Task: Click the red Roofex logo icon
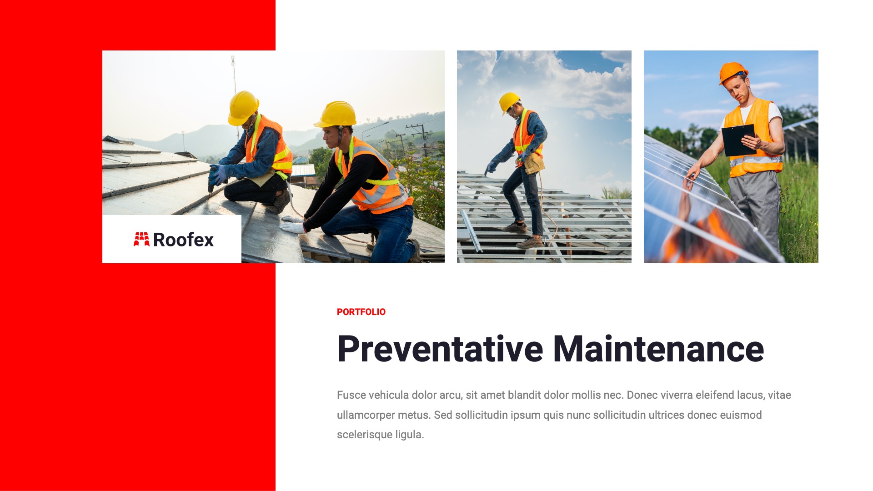141,239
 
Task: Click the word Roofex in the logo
183,240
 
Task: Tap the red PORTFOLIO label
361,312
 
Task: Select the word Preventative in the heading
440,349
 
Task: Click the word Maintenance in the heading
658,349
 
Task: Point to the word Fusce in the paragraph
351,395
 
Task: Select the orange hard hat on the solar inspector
733,72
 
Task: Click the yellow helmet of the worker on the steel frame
509,102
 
